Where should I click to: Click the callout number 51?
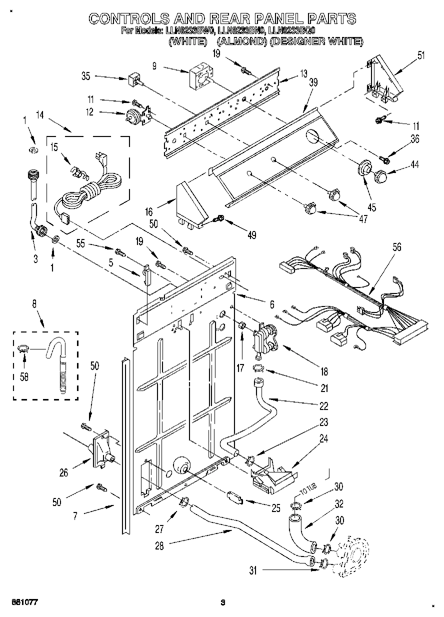421,55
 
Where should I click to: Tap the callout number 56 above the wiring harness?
397,247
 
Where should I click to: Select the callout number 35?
85,76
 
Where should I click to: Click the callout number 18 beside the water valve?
324,371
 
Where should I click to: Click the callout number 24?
324,439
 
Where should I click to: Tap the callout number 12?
90,112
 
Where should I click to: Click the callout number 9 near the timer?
154,65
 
